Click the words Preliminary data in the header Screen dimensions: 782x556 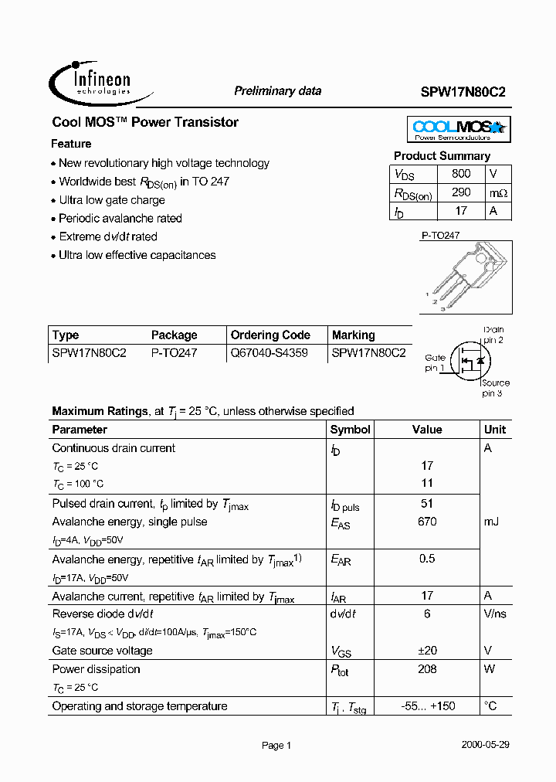pyautogui.click(x=277, y=91)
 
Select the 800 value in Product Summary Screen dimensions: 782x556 pyautogui.click(x=461, y=175)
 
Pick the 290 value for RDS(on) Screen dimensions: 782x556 pyautogui.click(x=461, y=193)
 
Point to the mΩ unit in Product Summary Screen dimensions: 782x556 pyautogui.click(x=497, y=193)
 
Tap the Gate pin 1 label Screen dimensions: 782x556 pyautogui.click(x=436, y=362)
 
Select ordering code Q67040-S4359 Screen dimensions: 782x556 pyautogui.click(x=269, y=353)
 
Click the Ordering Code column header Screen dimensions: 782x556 pyautogui.click(x=270, y=335)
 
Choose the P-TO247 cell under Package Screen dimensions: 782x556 pyautogui.click(x=174, y=353)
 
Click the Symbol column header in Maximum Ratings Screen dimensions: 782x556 pyautogui.click(x=350, y=430)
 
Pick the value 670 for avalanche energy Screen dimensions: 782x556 pyautogui.click(x=427, y=522)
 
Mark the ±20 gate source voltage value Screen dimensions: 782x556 pyautogui.click(x=427, y=651)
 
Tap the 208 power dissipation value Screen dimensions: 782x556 pyautogui.click(x=427, y=669)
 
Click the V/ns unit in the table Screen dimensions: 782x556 pyautogui.click(x=495, y=614)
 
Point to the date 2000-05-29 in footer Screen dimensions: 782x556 pyautogui.click(x=485, y=745)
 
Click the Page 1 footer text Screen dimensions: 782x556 pyautogui.click(x=276, y=746)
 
